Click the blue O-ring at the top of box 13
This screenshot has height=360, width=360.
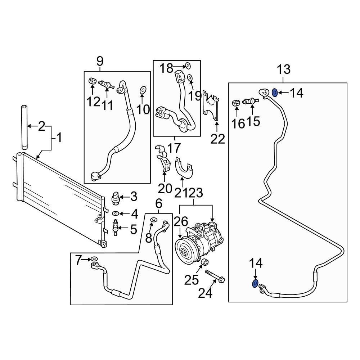pyautogui.click(x=274, y=93)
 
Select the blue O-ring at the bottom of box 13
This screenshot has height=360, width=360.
pyautogui.click(x=255, y=284)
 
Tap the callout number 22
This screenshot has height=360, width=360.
pyautogui.click(x=217, y=138)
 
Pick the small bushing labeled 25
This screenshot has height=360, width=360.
pyautogui.click(x=204, y=262)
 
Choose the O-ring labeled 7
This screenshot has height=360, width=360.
pyautogui.click(x=94, y=259)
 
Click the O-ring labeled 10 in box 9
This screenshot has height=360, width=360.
pyautogui.click(x=143, y=89)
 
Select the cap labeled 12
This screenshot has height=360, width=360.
pyautogui.click(x=92, y=81)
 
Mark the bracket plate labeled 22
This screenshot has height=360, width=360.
pyautogui.click(x=212, y=106)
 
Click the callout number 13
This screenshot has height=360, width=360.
pyautogui.click(x=283, y=69)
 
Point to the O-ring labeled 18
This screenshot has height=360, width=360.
pyautogui.click(x=188, y=66)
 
